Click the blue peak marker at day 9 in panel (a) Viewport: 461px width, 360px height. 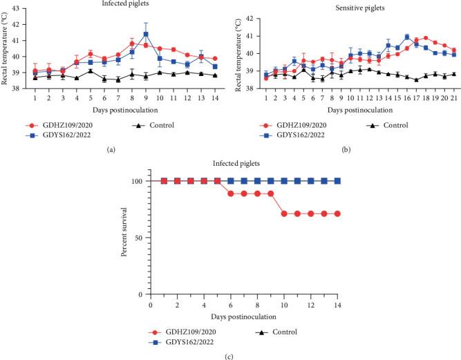click(x=146, y=34)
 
